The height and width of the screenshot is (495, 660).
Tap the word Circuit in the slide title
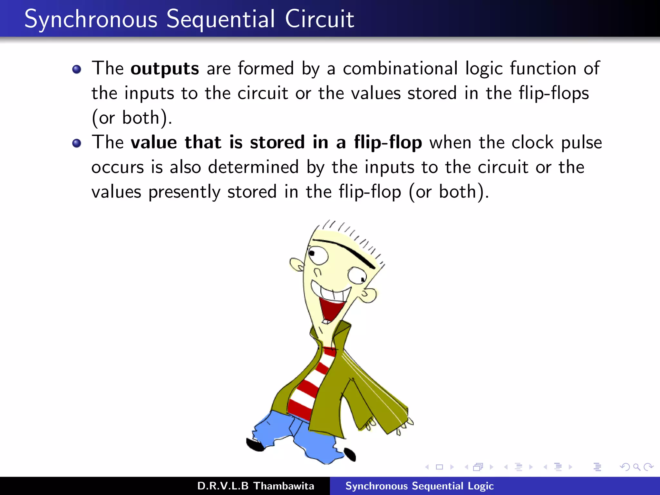pos(319,19)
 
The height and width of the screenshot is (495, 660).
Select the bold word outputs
pos(165,69)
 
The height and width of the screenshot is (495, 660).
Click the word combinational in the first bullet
pos(400,69)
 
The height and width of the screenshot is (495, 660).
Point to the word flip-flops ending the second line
pos(554,93)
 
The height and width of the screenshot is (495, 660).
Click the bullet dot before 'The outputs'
pos(77,69)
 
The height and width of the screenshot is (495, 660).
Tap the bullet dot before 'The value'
pos(77,143)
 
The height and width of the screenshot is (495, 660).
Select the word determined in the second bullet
pos(253,167)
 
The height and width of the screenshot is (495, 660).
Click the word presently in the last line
pos(184,192)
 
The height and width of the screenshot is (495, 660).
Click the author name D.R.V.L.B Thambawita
pos(256,486)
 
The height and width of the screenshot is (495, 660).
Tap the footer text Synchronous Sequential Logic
pos(419,486)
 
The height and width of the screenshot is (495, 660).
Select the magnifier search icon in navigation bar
pos(636,467)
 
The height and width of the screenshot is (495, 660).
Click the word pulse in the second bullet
pos(581,142)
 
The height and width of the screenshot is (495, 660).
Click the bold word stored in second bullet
pos(277,142)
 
